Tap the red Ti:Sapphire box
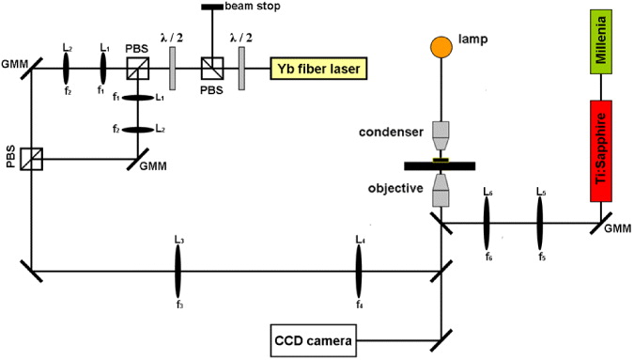601,149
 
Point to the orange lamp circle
441,46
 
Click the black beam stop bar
212,8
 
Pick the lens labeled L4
360,272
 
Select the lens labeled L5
541,223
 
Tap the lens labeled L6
487,223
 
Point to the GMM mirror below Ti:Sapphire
601,223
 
